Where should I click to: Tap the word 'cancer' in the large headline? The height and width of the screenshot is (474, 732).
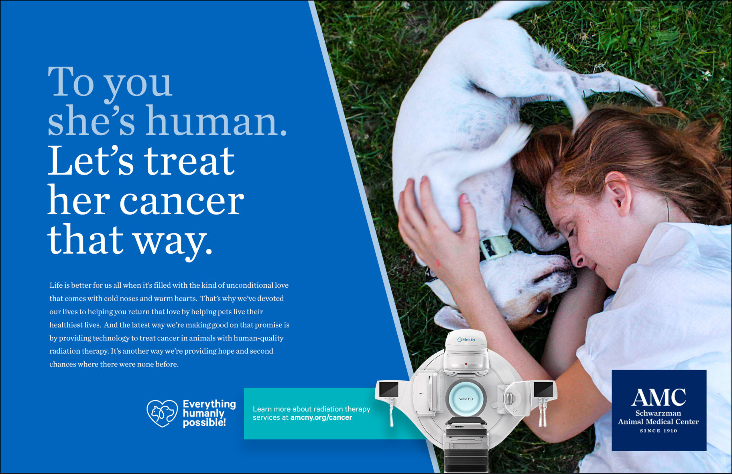pyautogui.click(x=182, y=201)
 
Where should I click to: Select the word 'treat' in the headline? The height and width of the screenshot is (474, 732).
pyautogui.click(x=189, y=161)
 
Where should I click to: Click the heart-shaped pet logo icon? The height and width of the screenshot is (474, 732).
pyautogui.click(x=162, y=413)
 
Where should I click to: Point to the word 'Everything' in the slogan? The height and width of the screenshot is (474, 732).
pyautogui.click(x=209, y=404)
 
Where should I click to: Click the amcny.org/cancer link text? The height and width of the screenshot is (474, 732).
pyautogui.click(x=321, y=417)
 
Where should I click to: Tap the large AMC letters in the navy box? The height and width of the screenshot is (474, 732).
pyautogui.click(x=659, y=397)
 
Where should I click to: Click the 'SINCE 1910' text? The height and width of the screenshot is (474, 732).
pyautogui.click(x=659, y=431)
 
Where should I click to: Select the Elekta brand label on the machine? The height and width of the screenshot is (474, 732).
pyautogui.click(x=466, y=340)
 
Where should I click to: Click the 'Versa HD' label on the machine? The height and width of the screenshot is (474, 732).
pyautogui.click(x=466, y=399)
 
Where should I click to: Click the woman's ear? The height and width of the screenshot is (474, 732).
pyautogui.click(x=618, y=193)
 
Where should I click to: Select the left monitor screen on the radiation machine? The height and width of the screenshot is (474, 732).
pyautogui.click(x=388, y=389)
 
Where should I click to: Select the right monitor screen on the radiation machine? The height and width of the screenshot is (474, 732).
pyautogui.click(x=543, y=389)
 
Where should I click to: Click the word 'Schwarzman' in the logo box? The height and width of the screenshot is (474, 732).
pyautogui.click(x=658, y=413)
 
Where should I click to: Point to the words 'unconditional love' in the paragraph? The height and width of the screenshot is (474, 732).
pyautogui.click(x=257, y=285)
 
